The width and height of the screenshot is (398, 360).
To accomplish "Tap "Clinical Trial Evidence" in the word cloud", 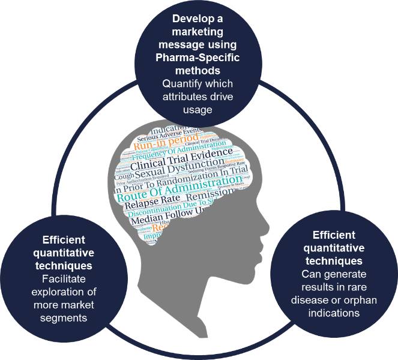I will coord(181,157).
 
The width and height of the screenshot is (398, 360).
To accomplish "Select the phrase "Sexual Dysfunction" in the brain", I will coord(170,170).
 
